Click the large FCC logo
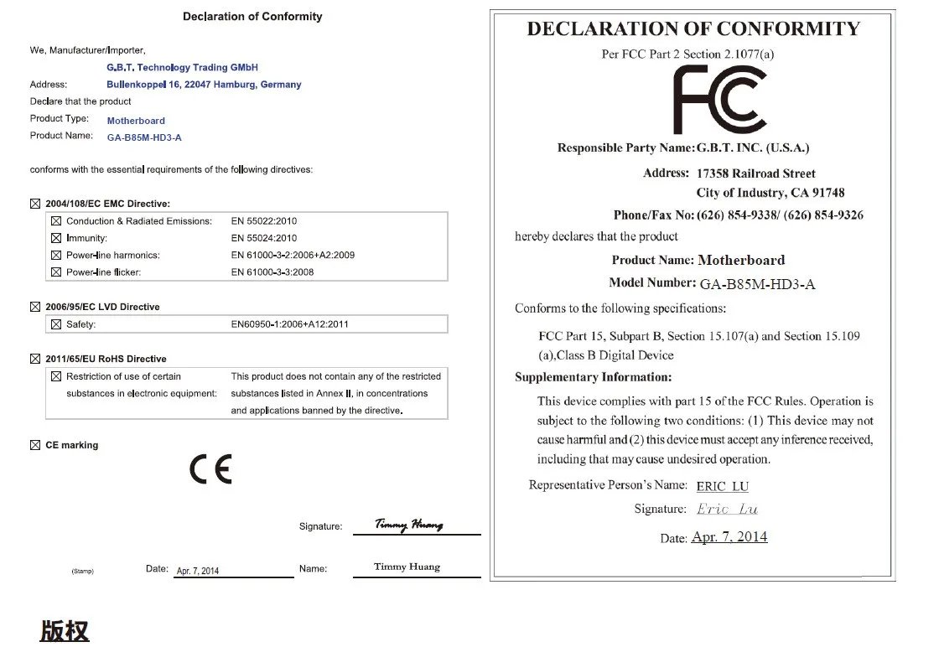[x=719, y=99]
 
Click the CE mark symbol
[x=210, y=469]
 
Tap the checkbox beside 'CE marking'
[x=35, y=445]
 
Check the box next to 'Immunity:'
[x=56, y=238]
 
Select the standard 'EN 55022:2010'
[x=263, y=221]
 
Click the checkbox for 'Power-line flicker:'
[x=56, y=272]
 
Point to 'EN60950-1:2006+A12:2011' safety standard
[x=289, y=324]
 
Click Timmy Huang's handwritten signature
[x=408, y=525]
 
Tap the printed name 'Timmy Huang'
[x=407, y=567]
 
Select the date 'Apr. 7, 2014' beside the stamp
[x=198, y=571]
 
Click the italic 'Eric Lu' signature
[x=727, y=509]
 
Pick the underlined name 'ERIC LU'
[x=722, y=486]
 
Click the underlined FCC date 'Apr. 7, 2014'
[x=729, y=537]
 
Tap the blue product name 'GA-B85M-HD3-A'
[x=144, y=137]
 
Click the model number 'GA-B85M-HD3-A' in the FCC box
[x=757, y=284]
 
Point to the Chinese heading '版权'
[x=65, y=630]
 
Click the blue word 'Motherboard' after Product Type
[x=136, y=121]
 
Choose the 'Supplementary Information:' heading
[x=593, y=377]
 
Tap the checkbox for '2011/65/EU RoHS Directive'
[x=35, y=359]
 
